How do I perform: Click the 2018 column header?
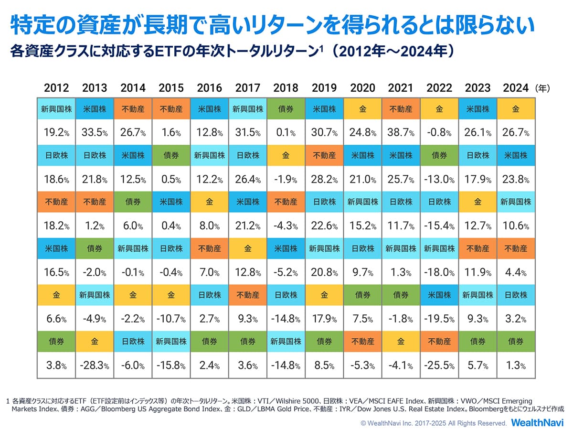(286, 88)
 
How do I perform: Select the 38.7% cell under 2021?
(400, 132)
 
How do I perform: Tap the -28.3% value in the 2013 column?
(95, 365)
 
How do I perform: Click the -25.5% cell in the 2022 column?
(439, 365)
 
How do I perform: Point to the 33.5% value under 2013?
(95, 132)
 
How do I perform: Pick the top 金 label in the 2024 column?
(516, 109)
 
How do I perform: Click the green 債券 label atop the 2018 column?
(286, 109)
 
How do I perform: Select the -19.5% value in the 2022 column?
(439, 319)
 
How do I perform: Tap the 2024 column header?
(516, 88)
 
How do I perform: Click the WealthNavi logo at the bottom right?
(537, 422)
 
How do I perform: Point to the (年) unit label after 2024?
(543, 88)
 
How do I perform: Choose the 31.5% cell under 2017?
(247, 132)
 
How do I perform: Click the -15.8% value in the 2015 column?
(171, 365)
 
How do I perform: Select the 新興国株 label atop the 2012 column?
(56, 109)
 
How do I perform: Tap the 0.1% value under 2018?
(286, 132)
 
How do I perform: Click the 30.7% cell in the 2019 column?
(324, 132)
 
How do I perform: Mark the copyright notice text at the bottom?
(434, 423)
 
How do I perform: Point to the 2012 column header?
(56, 88)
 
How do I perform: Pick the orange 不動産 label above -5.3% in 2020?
(362, 342)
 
